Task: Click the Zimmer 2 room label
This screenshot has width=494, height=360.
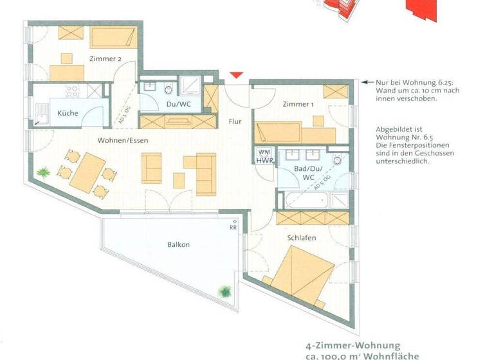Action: (105, 59)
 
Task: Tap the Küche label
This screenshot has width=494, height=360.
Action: (68, 113)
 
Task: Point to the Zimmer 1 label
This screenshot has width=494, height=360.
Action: (298, 104)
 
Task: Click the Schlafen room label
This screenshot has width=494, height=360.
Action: (302, 238)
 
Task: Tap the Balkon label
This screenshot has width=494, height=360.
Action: (178, 244)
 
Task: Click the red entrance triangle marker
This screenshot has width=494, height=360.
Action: (236, 76)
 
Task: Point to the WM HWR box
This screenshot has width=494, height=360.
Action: (264, 156)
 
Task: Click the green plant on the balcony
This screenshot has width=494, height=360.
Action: (225, 291)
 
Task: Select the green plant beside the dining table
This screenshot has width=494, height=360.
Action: (44, 172)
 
